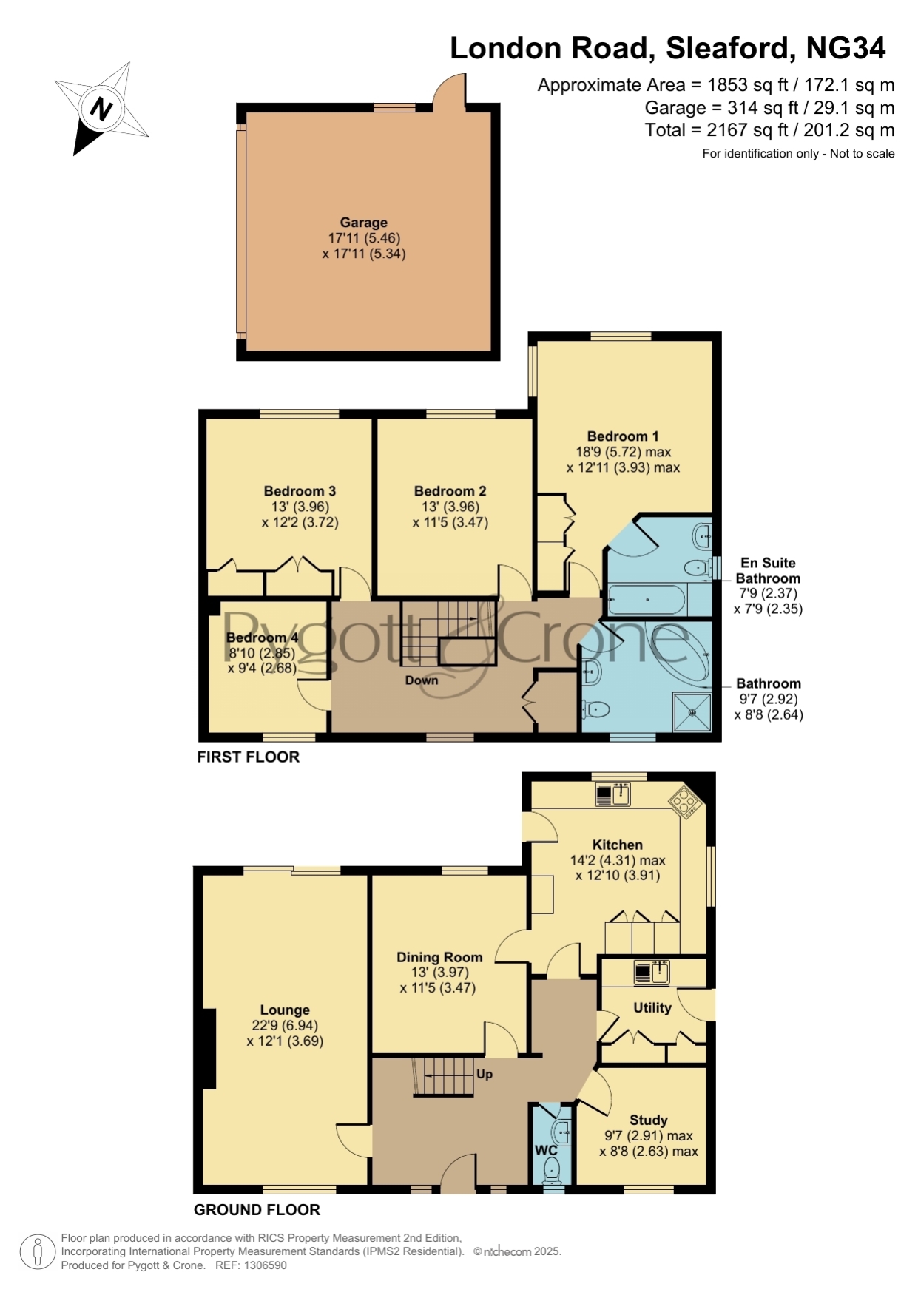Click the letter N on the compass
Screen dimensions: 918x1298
[101, 109]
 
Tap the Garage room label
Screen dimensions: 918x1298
[363, 222]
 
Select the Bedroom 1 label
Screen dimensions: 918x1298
[623, 436]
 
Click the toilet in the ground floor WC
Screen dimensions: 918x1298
[552, 1171]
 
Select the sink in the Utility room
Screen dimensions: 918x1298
[651, 972]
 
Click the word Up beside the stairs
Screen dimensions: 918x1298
[485, 1074]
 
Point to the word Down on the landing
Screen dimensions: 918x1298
[422, 680]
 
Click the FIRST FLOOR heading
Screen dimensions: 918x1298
[248, 757]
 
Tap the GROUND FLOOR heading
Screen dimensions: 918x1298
[257, 1209]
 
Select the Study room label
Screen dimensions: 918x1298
[649, 1120]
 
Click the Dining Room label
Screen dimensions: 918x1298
[439, 957]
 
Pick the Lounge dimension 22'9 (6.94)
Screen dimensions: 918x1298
[285, 1025]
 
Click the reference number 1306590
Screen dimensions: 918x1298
[261, 1265]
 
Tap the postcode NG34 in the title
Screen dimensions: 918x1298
[846, 48]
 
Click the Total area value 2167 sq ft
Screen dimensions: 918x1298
[746, 130]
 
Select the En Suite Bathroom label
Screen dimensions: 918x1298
[768, 570]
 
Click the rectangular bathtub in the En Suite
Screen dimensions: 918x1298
[647, 599]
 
